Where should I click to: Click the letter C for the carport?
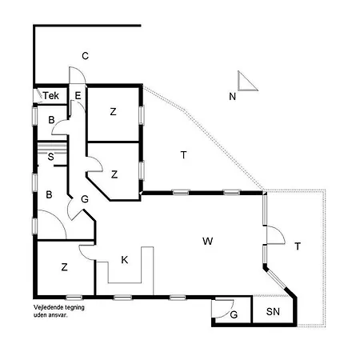coord(85,56)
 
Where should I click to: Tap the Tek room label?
coord(51,95)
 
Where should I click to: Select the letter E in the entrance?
coord(78,95)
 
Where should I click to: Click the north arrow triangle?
coord(247,81)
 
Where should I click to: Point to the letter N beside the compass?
coord(233,97)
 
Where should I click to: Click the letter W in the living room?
coord(208,241)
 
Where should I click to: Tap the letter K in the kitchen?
coord(125,260)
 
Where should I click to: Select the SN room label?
coord(273,311)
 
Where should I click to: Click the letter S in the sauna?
coord(50,157)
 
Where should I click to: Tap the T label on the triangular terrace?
coord(183,155)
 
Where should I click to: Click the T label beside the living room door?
coord(298,246)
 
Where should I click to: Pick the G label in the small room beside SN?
coord(234,315)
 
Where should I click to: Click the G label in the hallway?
coord(85,199)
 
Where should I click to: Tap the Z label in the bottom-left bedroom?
coord(64,267)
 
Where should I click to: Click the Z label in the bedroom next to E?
coord(113,112)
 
